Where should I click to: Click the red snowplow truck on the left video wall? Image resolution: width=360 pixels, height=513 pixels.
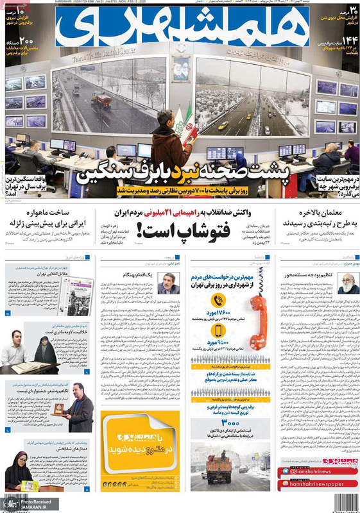(x=101, y=101)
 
